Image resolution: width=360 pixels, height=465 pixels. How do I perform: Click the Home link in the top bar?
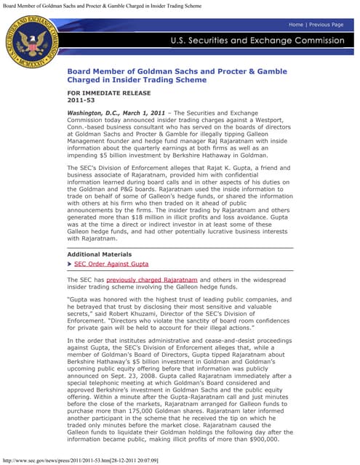(296, 25)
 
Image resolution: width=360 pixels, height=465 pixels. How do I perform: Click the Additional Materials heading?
(100, 255)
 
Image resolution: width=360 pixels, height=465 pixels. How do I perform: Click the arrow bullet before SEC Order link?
(70, 264)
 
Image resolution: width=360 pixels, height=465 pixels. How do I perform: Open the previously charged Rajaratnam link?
(152, 280)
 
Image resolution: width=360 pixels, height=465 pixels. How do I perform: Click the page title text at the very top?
(102, 4)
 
